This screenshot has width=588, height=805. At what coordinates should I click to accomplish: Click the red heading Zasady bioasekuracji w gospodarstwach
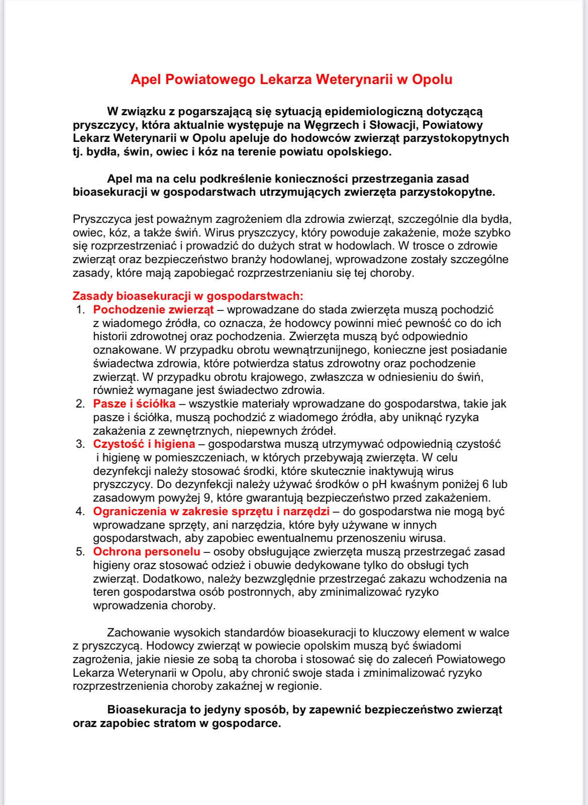click(187, 296)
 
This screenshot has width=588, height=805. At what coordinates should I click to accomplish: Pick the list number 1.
click(80, 310)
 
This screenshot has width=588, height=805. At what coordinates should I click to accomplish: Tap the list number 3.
click(80, 444)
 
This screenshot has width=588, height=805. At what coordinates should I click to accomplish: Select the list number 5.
click(80, 552)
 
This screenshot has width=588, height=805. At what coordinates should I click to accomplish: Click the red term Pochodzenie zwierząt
click(153, 310)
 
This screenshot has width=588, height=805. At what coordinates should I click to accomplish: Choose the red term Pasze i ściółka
click(134, 404)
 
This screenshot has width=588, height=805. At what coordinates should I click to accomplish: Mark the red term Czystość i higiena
click(144, 444)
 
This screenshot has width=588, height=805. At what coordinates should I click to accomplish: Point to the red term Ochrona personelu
click(146, 552)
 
